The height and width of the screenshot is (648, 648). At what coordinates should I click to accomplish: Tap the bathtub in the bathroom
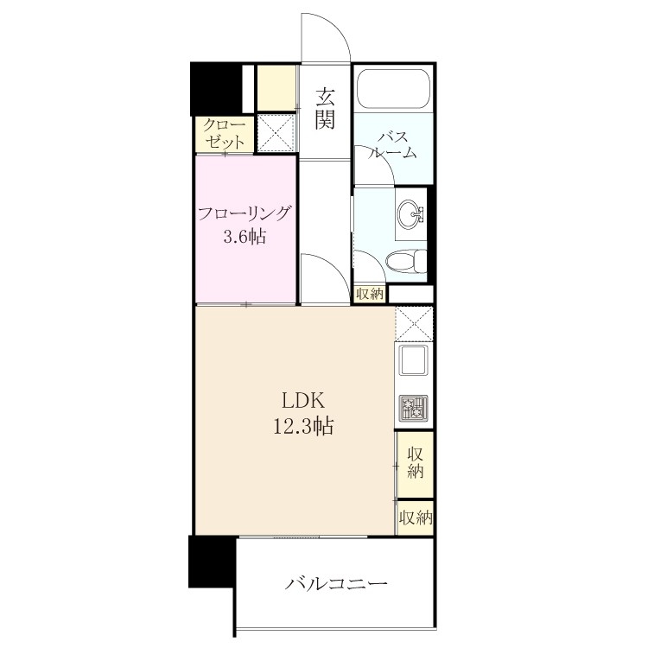click(393, 89)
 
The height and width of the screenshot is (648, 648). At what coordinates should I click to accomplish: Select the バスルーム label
click(392, 144)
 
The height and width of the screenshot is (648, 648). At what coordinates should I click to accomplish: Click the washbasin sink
click(410, 213)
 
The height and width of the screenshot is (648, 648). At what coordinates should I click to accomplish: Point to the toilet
click(406, 260)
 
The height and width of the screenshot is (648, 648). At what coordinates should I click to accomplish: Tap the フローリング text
click(245, 214)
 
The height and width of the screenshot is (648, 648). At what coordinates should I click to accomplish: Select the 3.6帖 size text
click(245, 237)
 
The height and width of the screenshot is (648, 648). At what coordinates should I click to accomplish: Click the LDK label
click(302, 400)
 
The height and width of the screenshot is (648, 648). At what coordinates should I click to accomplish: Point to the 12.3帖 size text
click(303, 426)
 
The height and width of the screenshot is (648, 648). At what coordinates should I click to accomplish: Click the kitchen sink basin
click(413, 360)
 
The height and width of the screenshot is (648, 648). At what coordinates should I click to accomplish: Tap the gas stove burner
click(413, 407)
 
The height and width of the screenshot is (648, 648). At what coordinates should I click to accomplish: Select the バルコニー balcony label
click(336, 583)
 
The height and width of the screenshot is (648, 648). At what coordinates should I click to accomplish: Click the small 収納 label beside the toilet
click(370, 295)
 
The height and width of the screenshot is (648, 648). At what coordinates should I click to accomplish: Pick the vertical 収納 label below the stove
click(415, 463)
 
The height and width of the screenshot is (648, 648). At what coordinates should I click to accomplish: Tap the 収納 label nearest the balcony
click(416, 518)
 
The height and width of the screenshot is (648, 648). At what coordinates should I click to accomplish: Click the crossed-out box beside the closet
click(276, 133)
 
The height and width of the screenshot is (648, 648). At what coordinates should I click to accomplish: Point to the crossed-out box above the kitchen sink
click(414, 324)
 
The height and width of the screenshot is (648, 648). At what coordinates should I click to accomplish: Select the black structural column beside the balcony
click(212, 562)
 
